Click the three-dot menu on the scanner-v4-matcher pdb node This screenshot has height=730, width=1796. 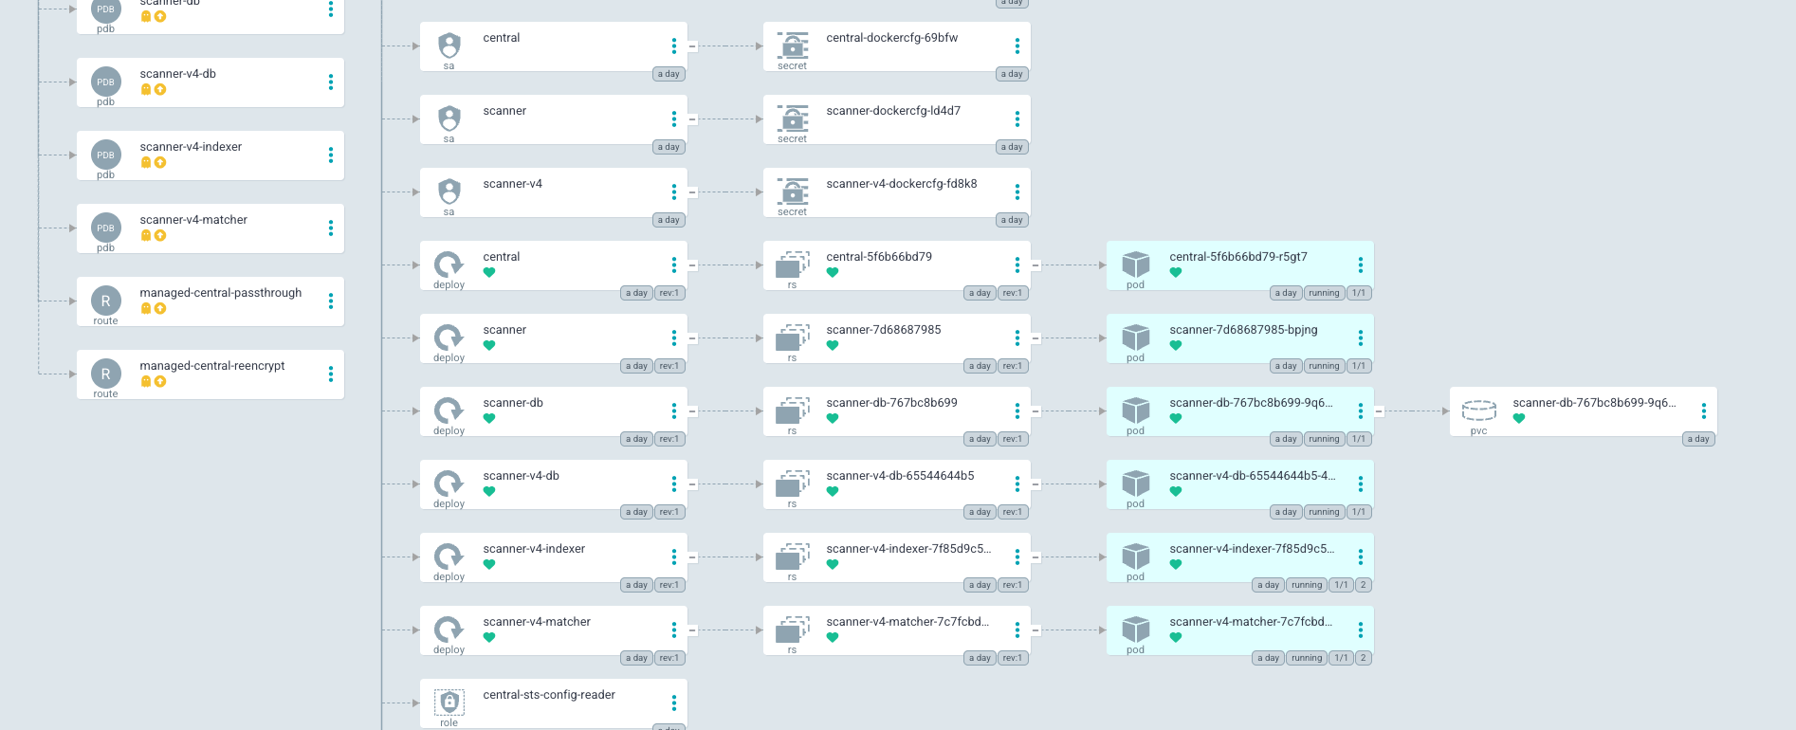[x=331, y=228]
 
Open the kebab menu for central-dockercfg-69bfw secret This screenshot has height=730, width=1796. [x=1017, y=46]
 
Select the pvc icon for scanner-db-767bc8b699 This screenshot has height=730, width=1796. [x=1478, y=411]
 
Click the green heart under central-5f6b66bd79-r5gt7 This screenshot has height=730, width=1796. [x=1176, y=273]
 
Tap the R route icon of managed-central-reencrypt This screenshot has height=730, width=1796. [x=105, y=374]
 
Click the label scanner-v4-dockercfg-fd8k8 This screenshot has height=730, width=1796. [x=901, y=184]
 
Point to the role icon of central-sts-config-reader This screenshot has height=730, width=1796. [x=449, y=703]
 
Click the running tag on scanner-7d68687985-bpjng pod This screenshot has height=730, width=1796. [x=1324, y=366]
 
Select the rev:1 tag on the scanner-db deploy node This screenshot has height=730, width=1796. [x=669, y=439]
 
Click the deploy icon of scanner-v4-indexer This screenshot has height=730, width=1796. [x=449, y=557]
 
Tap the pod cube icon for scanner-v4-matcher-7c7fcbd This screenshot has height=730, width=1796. [x=1135, y=630]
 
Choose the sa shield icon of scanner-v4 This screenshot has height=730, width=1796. [x=449, y=192]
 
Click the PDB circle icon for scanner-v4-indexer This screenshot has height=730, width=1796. [x=105, y=155]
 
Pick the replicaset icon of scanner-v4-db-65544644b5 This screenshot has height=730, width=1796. [x=792, y=484]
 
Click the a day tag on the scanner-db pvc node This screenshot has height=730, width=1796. [x=1698, y=439]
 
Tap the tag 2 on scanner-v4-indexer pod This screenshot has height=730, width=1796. [x=1363, y=585]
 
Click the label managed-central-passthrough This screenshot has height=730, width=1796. [x=220, y=293]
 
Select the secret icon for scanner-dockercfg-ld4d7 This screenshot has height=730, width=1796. [x=792, y=119]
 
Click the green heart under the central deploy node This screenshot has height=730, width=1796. [x=489, y=273]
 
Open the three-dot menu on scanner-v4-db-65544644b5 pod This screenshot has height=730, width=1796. [x=1361, y=484]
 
